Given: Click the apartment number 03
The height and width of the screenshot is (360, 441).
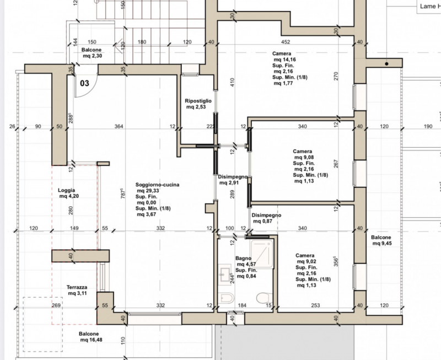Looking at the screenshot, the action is [x=85, y=83].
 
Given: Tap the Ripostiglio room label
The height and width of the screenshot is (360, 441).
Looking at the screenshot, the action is [x=198, y=101].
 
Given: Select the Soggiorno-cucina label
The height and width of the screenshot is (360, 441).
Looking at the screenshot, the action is [x=157, y=185].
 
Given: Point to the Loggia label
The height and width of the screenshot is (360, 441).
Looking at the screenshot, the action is [x=66, y=190].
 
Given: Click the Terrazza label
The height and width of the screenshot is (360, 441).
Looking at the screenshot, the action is [x=77, y=287].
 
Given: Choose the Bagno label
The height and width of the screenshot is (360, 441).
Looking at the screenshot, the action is [x=243, y=258].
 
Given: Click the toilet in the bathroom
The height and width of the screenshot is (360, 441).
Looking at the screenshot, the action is [x=265, y=298].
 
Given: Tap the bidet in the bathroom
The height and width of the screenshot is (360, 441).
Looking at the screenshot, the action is [x=226, y=298].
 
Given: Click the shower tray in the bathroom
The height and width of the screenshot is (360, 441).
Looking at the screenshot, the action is [x=262, y=254].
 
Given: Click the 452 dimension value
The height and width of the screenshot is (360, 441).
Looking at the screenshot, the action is [x=286, y=42].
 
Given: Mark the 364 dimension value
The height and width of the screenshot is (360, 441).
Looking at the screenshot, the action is [x=119, y=127].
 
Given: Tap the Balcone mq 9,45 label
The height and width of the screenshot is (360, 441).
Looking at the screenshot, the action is [x=381, y=240].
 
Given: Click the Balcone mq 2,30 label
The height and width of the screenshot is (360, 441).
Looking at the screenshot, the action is [x=92, y=53].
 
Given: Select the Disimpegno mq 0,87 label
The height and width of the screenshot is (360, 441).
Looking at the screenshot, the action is [x=266, y=218].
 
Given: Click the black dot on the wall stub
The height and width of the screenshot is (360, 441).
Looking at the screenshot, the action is [x=386, y=64].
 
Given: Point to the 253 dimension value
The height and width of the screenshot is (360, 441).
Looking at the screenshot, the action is [x=315, y=305].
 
